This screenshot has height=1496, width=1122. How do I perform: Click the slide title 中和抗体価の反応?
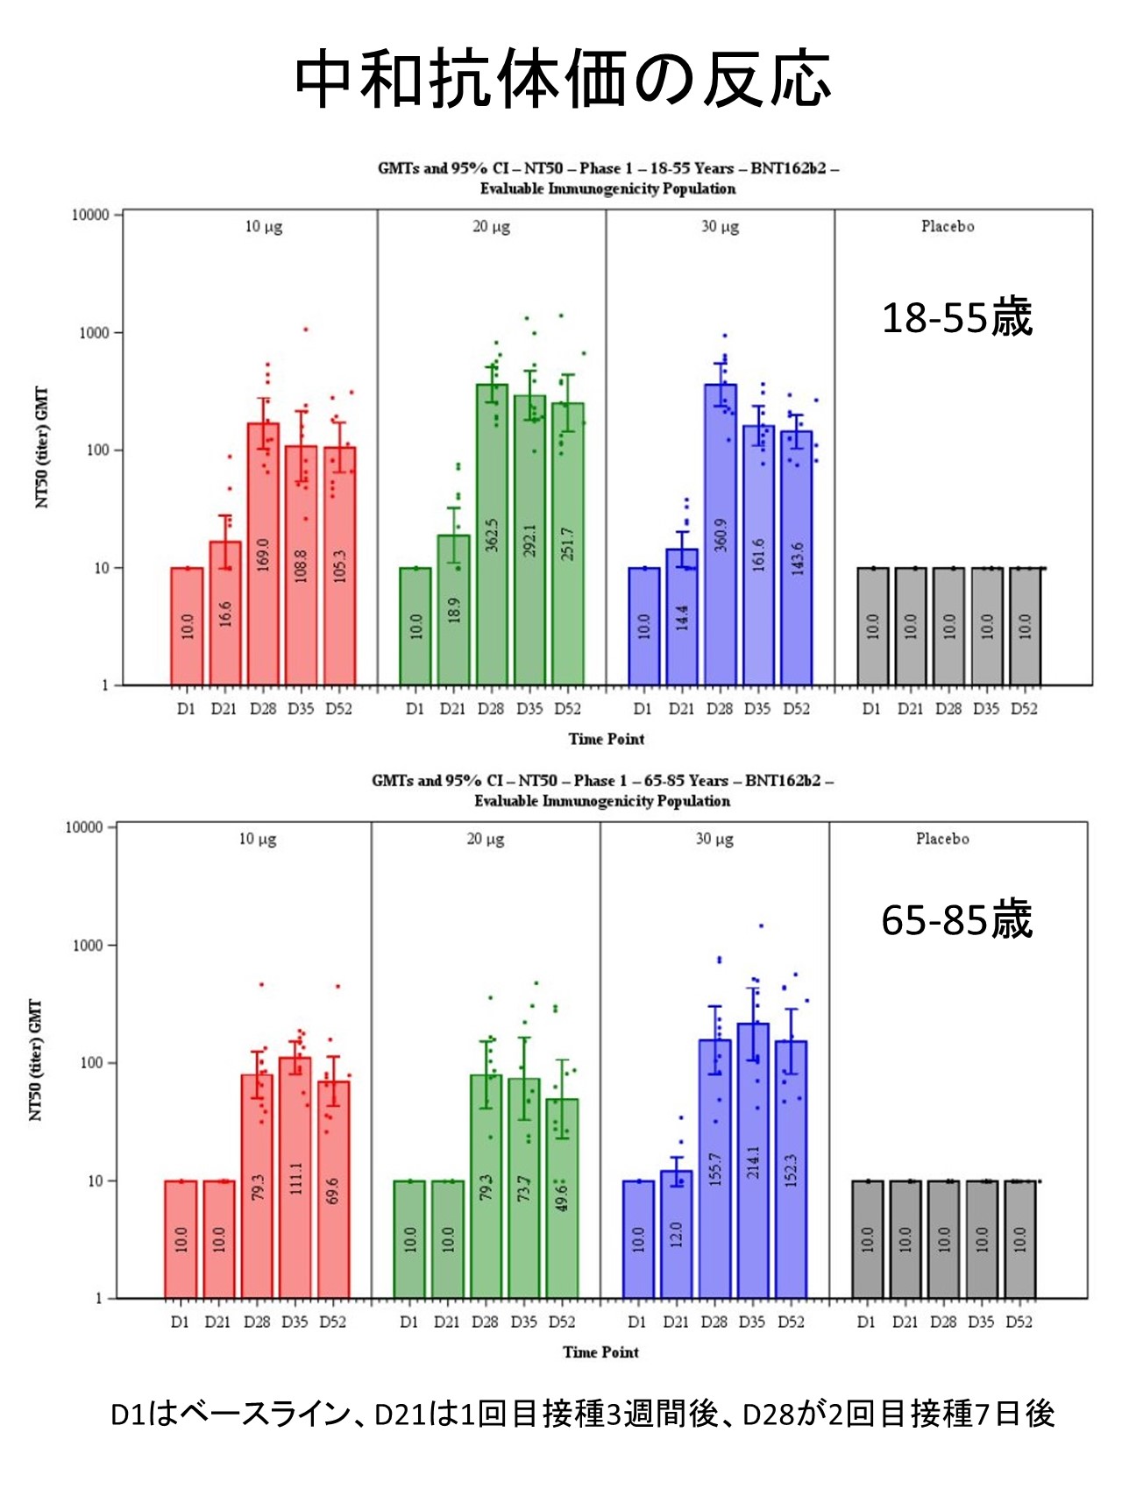coord(561,80)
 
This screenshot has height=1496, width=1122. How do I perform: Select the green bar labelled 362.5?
coord(492,535)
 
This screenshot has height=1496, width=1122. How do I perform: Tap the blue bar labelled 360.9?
coord(721,535)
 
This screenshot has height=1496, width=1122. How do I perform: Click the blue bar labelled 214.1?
coord(753,1160)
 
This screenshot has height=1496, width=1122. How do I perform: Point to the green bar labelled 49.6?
coord(562,1197)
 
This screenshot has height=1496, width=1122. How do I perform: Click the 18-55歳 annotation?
coord(956,317)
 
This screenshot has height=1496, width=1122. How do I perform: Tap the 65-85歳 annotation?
coord(956,920)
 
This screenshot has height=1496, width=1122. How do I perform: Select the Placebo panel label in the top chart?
coord(947,226)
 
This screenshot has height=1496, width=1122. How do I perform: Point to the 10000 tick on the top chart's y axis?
coord(90,216)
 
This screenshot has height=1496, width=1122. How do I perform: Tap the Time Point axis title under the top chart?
coord(606,739)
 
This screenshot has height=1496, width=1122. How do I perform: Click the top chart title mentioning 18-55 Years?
coord(607,178)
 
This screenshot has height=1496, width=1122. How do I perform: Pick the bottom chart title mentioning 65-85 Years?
coord(602,791)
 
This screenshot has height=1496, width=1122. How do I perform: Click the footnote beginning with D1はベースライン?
coord(582,1414)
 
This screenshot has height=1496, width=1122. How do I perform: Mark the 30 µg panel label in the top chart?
coord(720,226)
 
